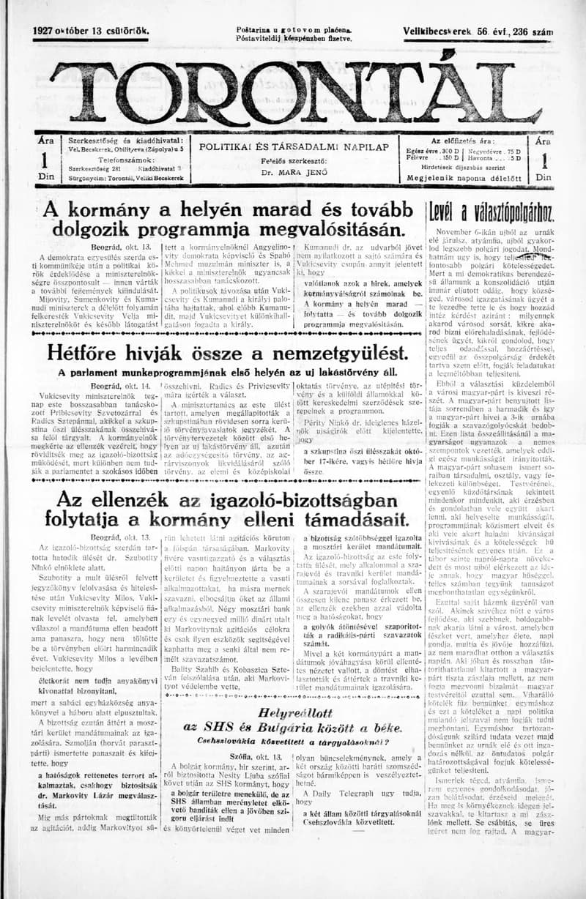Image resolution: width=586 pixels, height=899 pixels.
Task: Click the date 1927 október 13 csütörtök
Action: pos(92,31)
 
